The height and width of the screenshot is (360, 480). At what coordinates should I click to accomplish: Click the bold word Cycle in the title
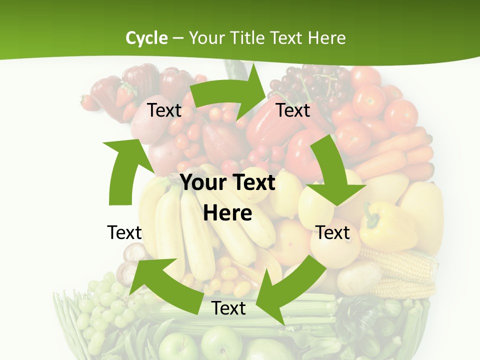[x=146, y=38]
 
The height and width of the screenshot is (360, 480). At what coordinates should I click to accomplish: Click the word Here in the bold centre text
[x=227, y=213]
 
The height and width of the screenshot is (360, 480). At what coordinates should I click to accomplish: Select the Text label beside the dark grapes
[x=293, y=110]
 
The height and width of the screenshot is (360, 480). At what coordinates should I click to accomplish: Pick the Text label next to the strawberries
[x=164, y=110]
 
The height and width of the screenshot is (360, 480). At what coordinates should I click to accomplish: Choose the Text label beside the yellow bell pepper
[x=332, y=232]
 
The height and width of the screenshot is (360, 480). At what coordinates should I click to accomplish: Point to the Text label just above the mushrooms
[x=124, y=232]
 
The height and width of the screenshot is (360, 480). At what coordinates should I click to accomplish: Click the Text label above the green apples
[x=228, y=308]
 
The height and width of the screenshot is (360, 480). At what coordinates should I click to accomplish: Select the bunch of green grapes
[x=105, y=305]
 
